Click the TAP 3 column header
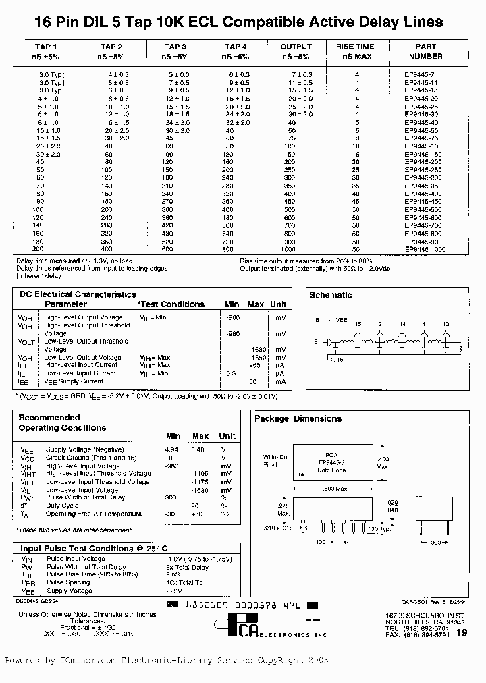175,47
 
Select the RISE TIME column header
354,47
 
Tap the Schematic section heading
330,295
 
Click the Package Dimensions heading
298,419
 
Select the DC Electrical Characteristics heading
77,294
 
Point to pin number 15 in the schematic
358,325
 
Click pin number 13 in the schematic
446,325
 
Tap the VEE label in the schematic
342,320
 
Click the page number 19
462,632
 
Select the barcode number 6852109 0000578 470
242,606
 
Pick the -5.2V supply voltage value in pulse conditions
174,591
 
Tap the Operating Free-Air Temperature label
94,514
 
